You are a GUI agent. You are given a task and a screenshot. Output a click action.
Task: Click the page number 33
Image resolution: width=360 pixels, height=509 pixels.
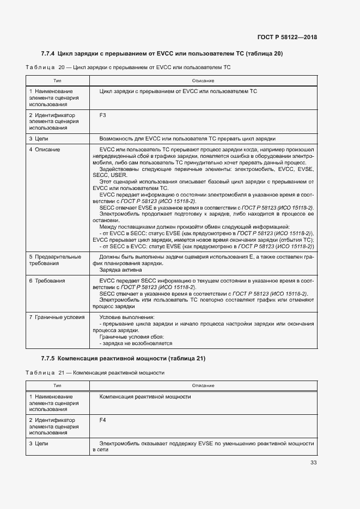coord(313,463)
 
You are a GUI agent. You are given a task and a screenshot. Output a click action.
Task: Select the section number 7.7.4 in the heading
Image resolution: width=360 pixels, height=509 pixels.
coord(47,53)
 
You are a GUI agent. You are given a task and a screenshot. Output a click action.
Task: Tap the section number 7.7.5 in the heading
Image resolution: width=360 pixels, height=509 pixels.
coord(47,358)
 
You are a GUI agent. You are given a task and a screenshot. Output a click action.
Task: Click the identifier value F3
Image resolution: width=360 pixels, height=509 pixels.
coord(103,115)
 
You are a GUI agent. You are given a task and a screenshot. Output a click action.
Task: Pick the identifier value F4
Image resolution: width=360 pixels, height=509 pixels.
coord(103,420)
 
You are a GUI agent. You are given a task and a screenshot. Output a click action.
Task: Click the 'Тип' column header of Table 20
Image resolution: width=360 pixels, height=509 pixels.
coord(57,81)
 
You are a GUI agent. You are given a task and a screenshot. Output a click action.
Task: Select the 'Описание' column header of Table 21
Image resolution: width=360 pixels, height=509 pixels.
coord(203,385)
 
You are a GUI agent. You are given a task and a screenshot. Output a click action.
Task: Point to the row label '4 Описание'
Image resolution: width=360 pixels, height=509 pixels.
coord(45,149)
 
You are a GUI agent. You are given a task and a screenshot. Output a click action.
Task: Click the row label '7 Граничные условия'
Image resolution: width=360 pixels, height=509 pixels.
coord(57,316)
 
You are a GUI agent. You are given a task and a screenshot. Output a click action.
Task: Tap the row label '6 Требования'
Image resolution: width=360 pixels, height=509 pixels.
coord(47,280)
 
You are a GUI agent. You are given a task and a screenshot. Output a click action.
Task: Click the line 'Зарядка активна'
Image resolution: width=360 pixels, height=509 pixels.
coord(120,269)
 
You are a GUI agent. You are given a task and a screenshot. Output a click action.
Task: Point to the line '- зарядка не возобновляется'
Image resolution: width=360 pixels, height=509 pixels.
coord(136,343)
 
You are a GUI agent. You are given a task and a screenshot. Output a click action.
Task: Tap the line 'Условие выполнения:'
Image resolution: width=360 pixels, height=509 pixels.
coord(127,316)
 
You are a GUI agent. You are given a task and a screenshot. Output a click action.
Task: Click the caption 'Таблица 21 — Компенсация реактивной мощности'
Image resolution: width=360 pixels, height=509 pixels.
coord(95,373)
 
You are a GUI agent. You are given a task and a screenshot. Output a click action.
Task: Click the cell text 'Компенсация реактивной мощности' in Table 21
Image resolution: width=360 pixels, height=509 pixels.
coord(145,396)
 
